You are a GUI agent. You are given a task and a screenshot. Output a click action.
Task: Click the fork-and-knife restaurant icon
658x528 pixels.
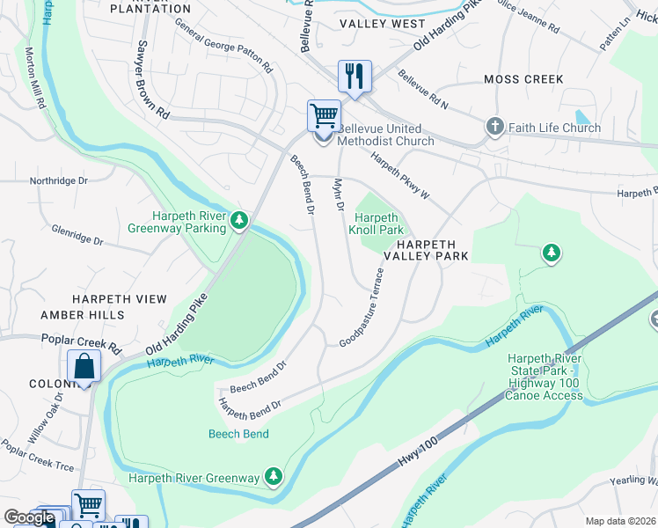355,76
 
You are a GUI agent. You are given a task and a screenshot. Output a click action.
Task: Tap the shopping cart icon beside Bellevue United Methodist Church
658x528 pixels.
324,116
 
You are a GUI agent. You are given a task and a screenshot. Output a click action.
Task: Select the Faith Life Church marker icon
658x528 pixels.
495,128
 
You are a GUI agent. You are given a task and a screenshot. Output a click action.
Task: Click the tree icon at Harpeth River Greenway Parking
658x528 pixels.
239,220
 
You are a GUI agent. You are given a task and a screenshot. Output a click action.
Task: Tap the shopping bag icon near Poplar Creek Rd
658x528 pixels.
83,368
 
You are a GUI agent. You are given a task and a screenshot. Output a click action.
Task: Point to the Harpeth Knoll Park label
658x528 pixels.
378,224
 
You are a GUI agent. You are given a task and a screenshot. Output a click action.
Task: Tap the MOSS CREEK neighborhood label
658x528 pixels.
523,79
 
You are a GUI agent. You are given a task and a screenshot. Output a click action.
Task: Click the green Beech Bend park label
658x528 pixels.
238,434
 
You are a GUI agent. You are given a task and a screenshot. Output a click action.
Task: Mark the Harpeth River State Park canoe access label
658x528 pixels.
544,377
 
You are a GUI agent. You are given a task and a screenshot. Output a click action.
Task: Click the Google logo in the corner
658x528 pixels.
29,517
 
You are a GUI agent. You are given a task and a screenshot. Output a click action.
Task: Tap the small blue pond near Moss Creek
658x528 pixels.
582,116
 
